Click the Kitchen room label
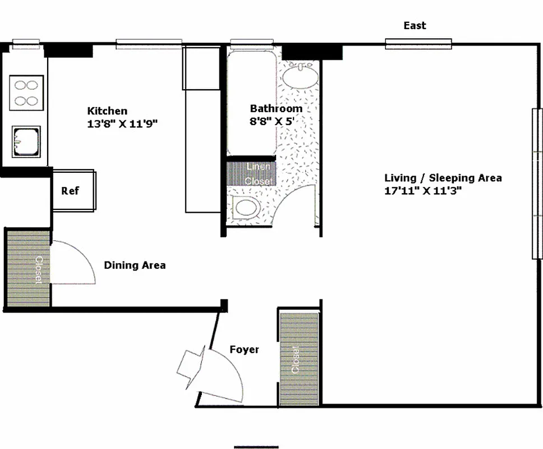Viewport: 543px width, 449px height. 107,111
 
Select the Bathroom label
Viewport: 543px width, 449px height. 276,109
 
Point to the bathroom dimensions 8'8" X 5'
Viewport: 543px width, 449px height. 272,121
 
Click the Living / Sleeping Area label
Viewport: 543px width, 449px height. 443,178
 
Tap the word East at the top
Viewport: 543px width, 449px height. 415,26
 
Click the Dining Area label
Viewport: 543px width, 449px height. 135,265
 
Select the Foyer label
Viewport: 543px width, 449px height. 245,350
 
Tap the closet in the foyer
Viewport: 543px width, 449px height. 298,358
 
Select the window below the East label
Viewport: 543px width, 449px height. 418,43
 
